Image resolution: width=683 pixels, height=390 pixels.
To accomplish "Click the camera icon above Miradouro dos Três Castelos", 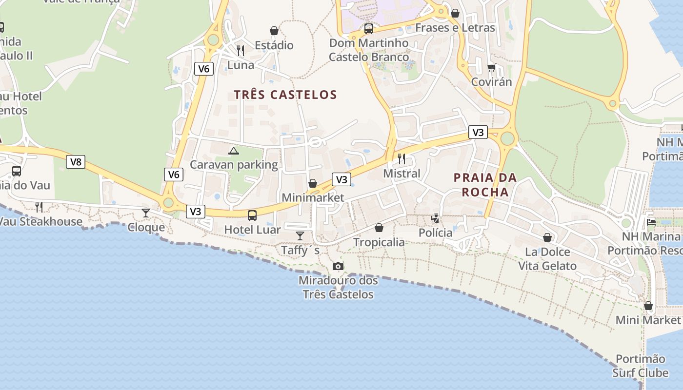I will click(338, 266).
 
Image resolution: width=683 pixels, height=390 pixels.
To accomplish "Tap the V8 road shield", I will click(76, 162).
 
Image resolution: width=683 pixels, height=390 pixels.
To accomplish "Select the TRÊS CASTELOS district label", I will click(285, 95).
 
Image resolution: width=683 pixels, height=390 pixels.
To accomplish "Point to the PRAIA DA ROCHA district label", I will click(485, 184).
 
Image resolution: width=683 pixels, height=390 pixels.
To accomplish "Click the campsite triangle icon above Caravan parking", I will click(234, 151).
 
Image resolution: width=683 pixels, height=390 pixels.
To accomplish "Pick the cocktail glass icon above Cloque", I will click(146, 213).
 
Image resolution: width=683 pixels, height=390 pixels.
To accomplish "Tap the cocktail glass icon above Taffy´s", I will click(300, 236).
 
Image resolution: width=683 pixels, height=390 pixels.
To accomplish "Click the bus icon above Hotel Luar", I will click(252, 215).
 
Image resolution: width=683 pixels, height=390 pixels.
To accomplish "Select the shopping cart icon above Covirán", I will click(491, 67).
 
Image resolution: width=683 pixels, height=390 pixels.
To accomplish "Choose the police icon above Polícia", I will click(435, 218).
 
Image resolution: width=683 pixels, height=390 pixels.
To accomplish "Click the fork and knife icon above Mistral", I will click(402, 158).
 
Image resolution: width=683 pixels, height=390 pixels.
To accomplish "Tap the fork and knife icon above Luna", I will click(240, 50).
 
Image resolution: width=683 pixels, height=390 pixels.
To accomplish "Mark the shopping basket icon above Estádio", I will click(274, 31).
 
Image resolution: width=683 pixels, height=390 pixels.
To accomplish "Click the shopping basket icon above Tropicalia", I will click(379, 228).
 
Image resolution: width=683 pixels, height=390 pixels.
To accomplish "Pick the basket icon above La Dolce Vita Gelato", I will click(547, 237).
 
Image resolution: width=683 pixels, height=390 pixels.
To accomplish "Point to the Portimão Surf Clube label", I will click(640, 366).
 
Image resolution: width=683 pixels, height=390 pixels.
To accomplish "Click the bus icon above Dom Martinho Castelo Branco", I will click(369, 29).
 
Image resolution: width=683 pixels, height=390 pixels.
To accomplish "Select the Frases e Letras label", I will click(455, 28).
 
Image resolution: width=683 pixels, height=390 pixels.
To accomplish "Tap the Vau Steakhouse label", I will click(41, 221).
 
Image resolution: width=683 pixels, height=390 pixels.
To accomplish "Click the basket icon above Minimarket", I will click(313, 183).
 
